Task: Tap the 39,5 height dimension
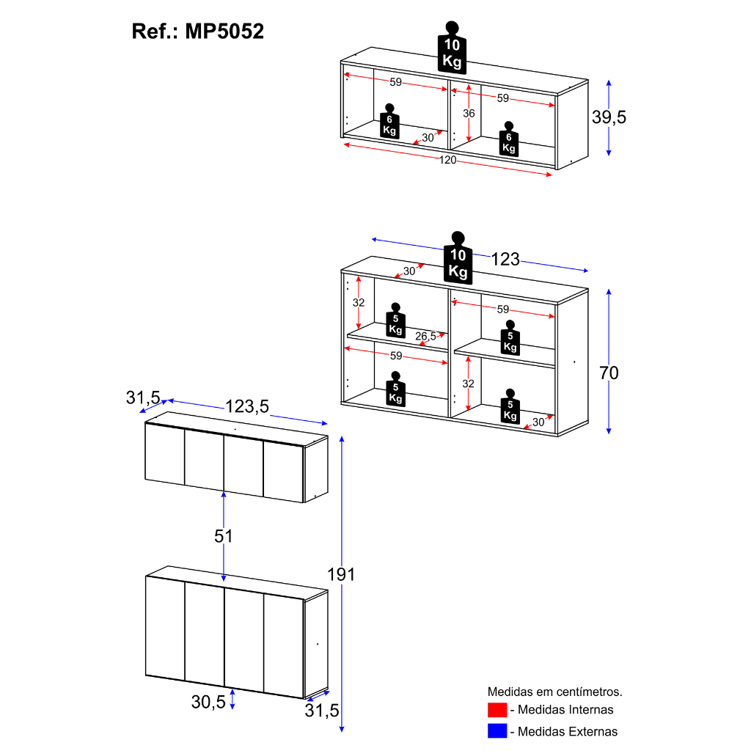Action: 609,117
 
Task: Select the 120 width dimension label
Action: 447,160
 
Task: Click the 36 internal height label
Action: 469,114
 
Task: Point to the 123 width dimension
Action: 505,259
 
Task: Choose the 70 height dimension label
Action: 609,373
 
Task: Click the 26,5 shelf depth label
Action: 425,336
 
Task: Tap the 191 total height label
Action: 341,574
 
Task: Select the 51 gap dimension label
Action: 224,536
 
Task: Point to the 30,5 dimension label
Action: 208,702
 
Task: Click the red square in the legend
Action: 497,710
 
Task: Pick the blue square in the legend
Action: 497,731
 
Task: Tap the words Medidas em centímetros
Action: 555,692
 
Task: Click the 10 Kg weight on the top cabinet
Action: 452,48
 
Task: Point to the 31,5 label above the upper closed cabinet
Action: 143,398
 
